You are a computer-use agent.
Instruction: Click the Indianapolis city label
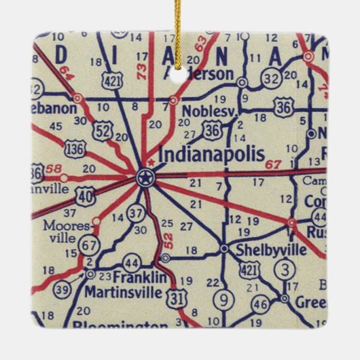211,155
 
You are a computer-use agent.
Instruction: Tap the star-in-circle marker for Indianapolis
145,179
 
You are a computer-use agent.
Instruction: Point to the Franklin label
140,277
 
